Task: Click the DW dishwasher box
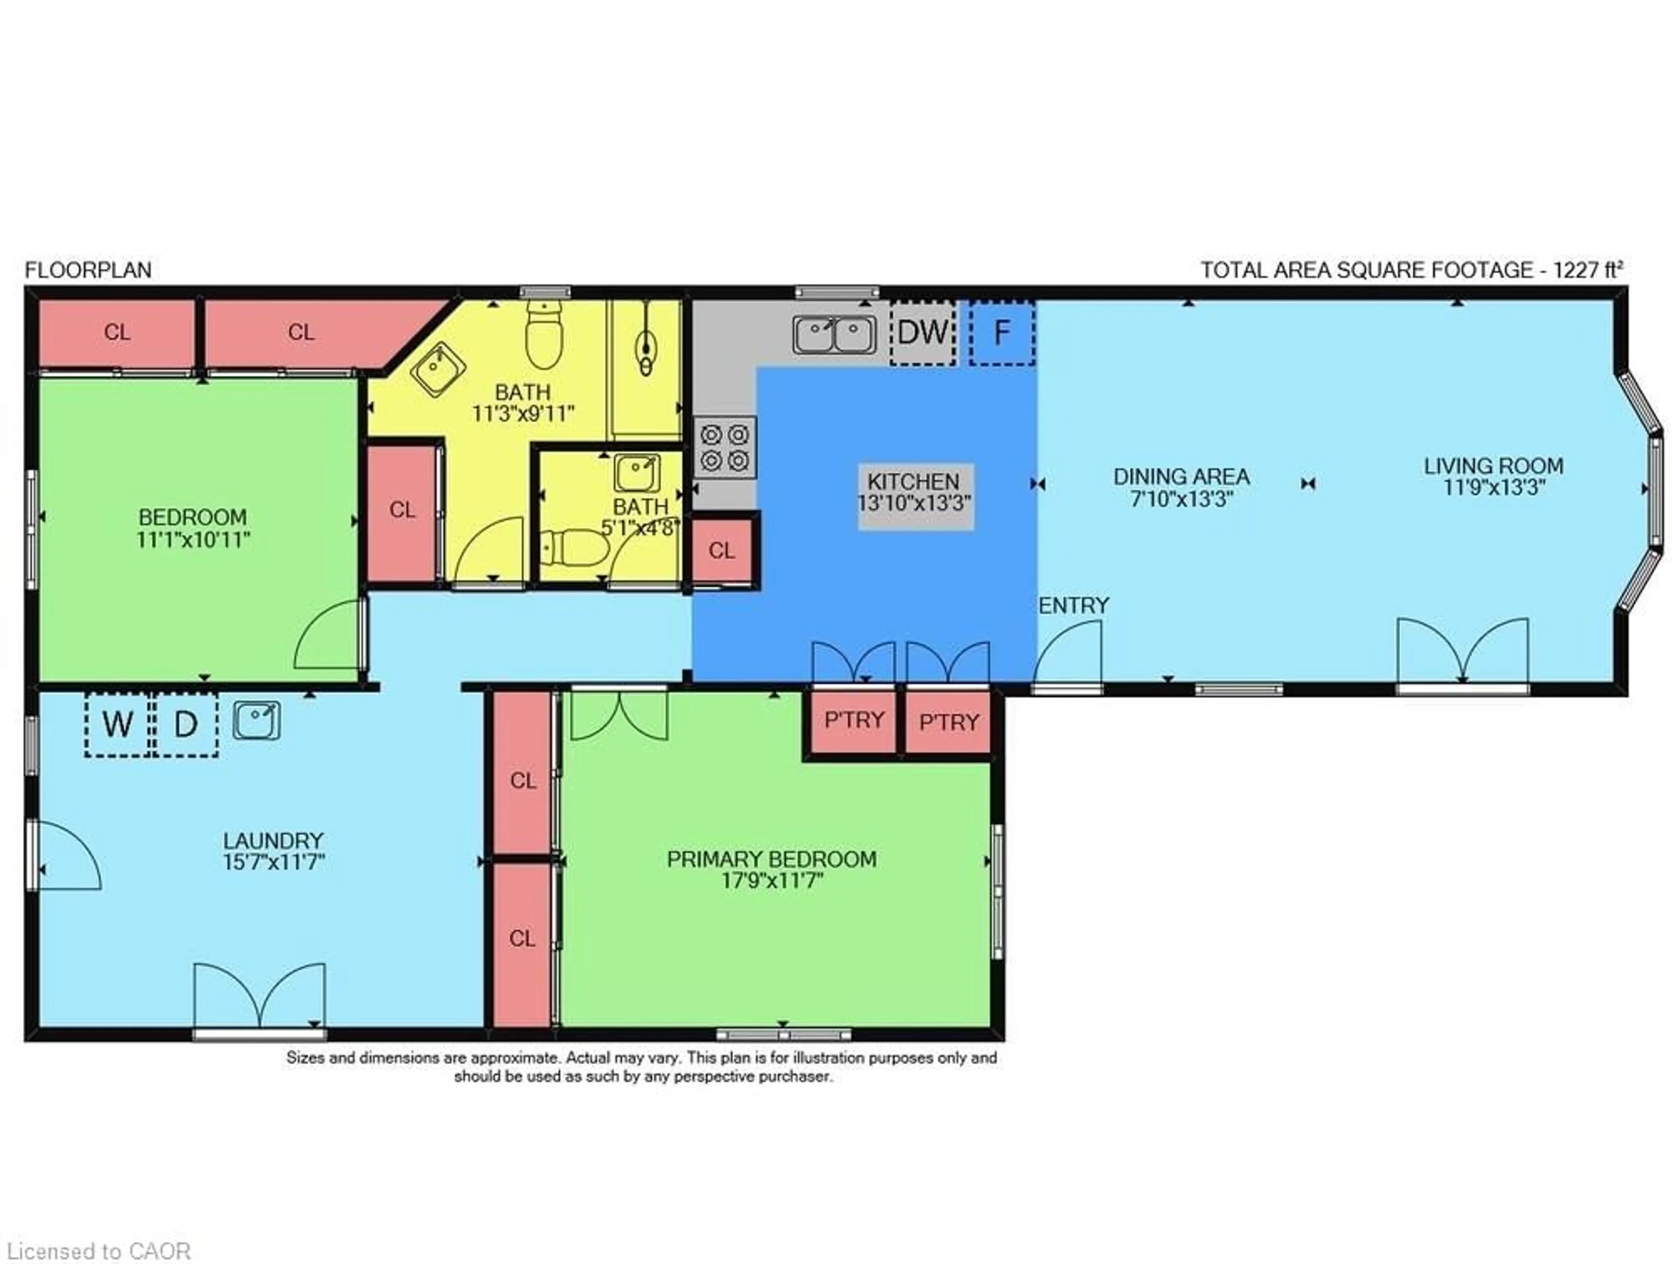pos(922,333)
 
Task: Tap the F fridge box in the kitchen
pos(1001,333)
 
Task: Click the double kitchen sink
pos(835,334)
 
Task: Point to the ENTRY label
pos(1073,606)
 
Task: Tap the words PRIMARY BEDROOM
pos(772,860)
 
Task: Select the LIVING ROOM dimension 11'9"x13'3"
pos(1493,488)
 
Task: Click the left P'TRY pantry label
pos(854,720)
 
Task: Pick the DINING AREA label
pos(1181,477)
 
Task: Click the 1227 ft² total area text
pos(1588,270)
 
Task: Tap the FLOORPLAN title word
pos(88,270)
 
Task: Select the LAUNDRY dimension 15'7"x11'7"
pos(273,862)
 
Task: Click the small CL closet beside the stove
pos(722,550)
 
